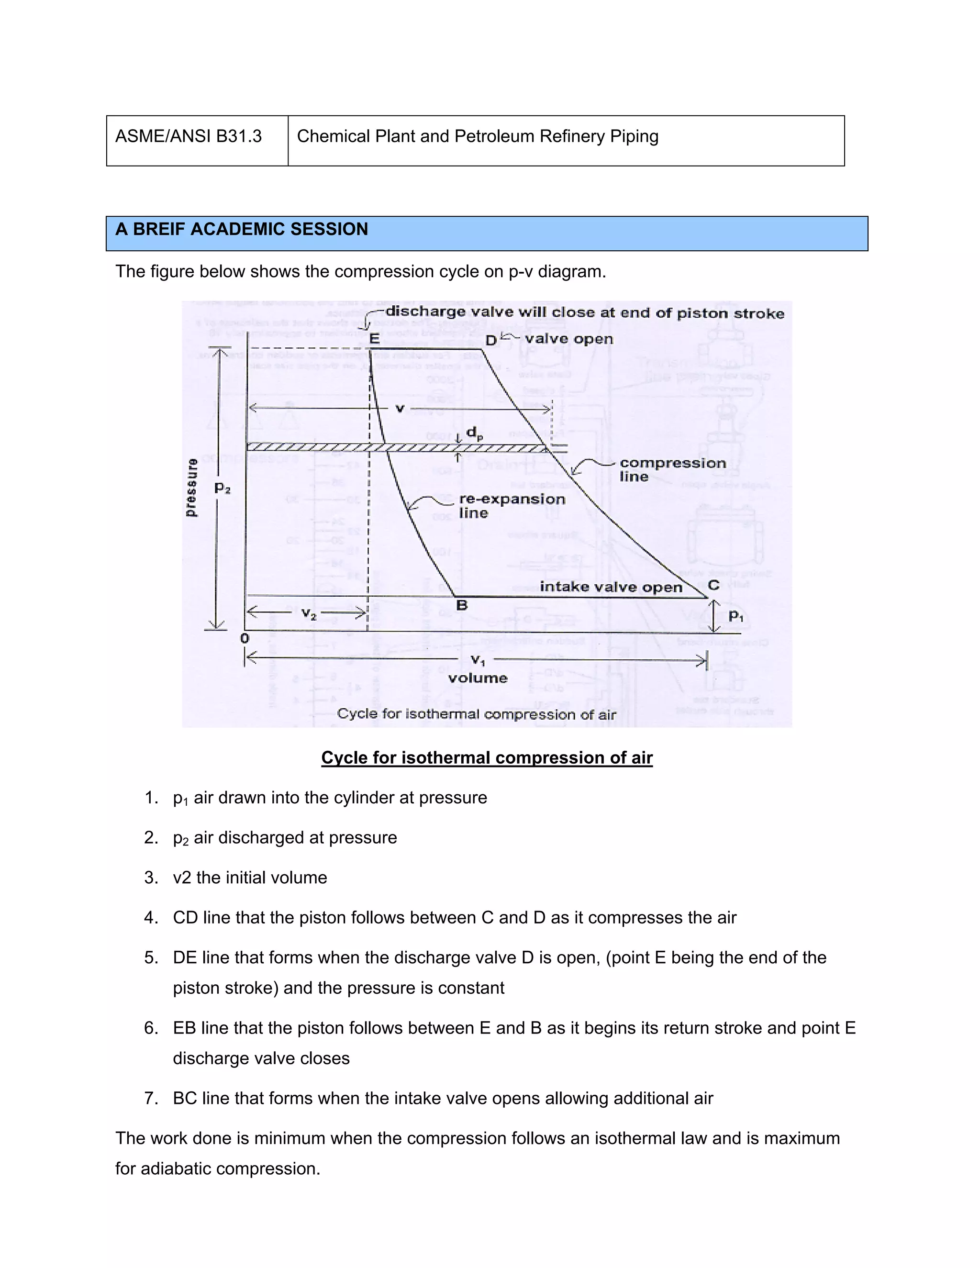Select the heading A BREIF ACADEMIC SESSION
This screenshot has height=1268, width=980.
[x=242, y=229]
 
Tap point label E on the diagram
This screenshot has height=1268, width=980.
[x=375, y=338]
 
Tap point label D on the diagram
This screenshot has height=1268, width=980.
[x=490, y=341]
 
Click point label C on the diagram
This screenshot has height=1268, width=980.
[x=713, y=585]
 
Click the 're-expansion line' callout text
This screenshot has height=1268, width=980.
[x=511, y=506]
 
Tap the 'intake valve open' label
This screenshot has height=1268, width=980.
[x=611, y=587]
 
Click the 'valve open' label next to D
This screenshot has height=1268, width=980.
[x=569, y=339]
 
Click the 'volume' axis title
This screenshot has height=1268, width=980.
[x=477, y=678]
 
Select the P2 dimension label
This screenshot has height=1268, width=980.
[x=223, y=488]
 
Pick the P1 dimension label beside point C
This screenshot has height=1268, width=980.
[x=735, y=616]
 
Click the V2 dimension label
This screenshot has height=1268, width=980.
[x=309, y=614]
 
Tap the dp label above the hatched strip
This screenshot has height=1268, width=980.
[x=474, y=433]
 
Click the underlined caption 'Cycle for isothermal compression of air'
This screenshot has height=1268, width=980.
[x=487, y=757]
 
